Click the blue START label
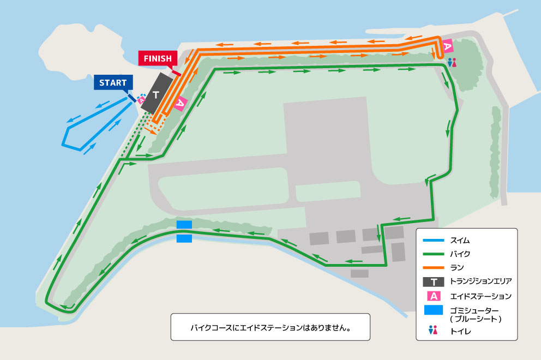click(113, 83)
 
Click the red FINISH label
click(158, 58)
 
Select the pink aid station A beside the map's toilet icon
click(447, 47)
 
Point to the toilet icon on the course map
click(451, 63)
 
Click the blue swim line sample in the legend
click(434, 240)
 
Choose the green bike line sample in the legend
click(434, 254)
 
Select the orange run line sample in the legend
click(434, 267)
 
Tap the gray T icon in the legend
click(434, 281)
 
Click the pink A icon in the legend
click(434, 296)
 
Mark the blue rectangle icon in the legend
click(434, 310)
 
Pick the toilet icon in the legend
click(434, 330)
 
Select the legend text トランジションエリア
click(480, 281)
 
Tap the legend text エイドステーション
click(480, 296)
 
